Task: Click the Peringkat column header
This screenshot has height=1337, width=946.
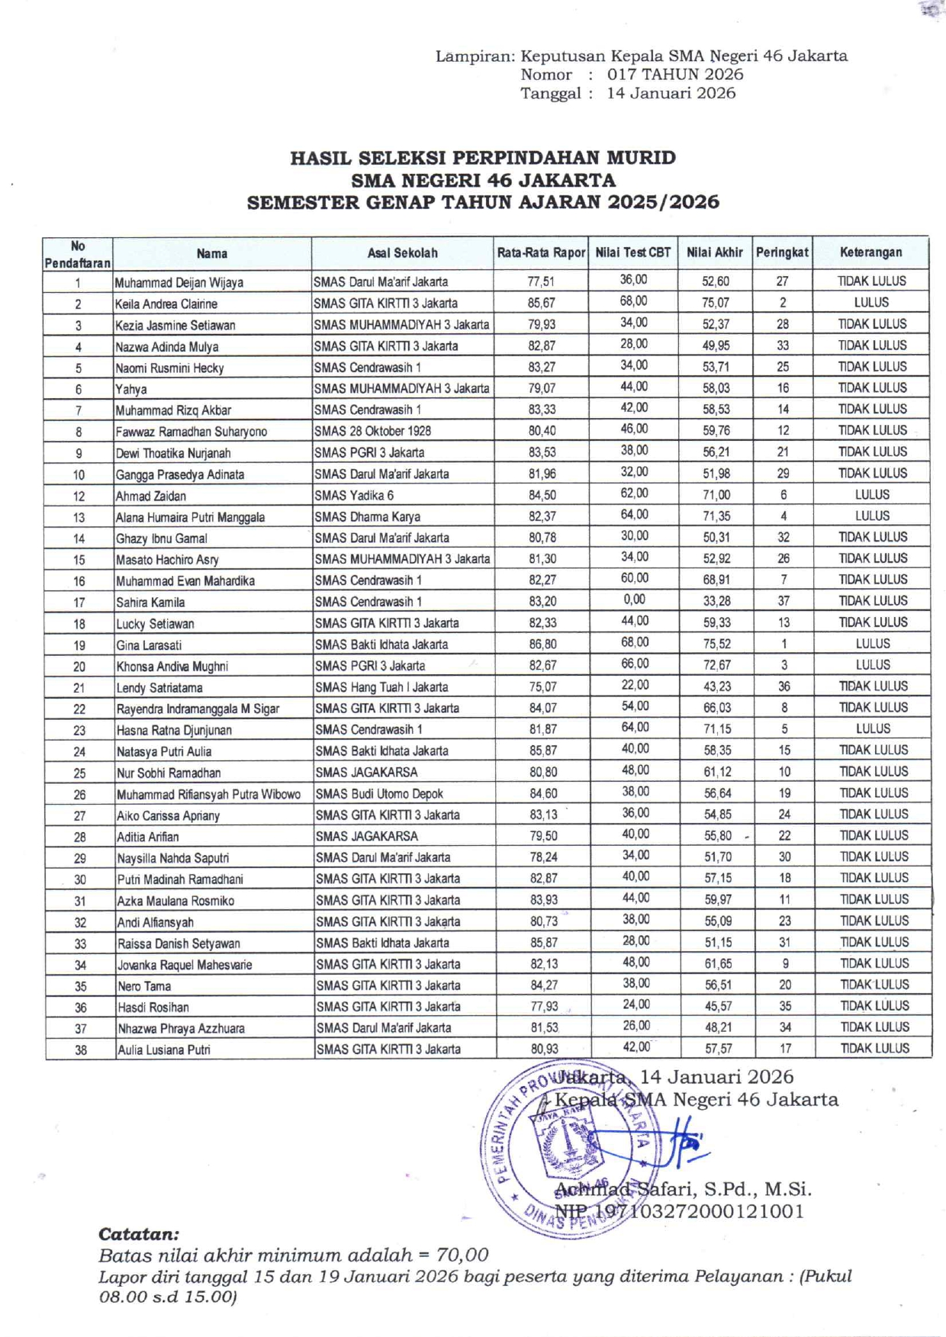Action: [x=782, y=252]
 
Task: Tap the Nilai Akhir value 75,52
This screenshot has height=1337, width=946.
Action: [x=716, y=644]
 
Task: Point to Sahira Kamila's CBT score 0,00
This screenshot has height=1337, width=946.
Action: [x=634, y=599]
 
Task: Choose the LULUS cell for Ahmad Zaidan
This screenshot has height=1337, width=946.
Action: [x=872, y=494]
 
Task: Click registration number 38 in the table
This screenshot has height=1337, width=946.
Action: [x=80, y=1049]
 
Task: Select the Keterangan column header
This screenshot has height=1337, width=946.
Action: [x=870, y=252]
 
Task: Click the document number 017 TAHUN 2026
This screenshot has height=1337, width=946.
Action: [x=674, y=75]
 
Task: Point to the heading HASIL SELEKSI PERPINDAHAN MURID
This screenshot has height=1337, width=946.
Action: [x=482, y=158]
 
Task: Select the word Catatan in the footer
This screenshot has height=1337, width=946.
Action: [x=139, y=1233]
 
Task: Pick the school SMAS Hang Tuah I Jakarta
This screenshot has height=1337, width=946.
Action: [x=381, y=687]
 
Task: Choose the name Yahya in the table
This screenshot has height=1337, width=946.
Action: [x=130, y=389]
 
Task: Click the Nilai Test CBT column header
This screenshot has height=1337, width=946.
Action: [x=633, y=252]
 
